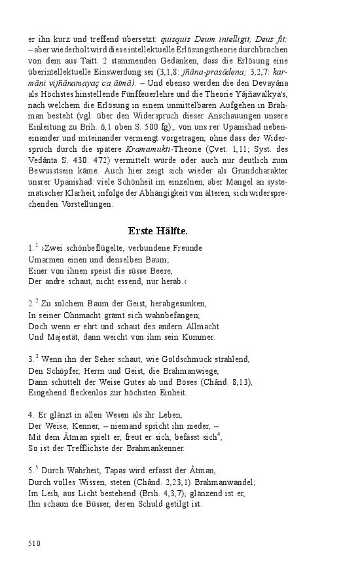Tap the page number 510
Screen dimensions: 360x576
[35, 543]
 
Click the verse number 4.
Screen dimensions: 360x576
[31, 415]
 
